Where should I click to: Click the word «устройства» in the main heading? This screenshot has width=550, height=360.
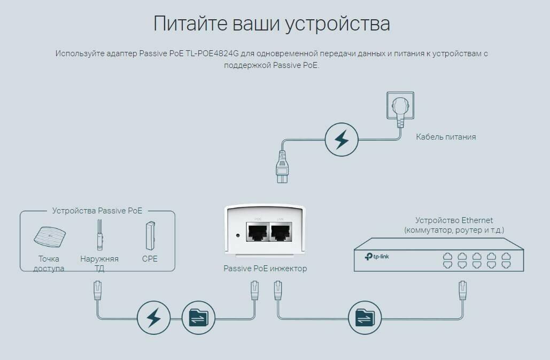[x=337, y=24]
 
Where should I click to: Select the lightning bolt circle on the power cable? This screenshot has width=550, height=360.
[x=340, y=140]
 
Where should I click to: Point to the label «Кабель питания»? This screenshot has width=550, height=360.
[x=446, y=137]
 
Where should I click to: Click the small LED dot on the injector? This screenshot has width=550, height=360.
[x=237, y=234]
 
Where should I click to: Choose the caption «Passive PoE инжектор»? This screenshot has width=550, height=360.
[x=265, y=269]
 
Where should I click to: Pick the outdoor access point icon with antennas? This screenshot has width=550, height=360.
[x=99, y=235]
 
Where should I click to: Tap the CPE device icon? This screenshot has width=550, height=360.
[x=149, y=235]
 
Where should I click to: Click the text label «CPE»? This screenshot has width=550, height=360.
[x=150, y=259]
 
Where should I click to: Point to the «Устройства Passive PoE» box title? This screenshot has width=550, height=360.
[x=97, y=211]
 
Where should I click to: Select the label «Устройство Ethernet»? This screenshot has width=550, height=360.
[x=454, y=220]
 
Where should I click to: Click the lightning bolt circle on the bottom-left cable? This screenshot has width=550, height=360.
[x=153, y=318]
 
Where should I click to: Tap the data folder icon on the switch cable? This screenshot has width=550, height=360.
[x=365, y=318]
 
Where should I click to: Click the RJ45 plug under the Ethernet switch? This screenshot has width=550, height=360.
[x=462, y=290]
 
